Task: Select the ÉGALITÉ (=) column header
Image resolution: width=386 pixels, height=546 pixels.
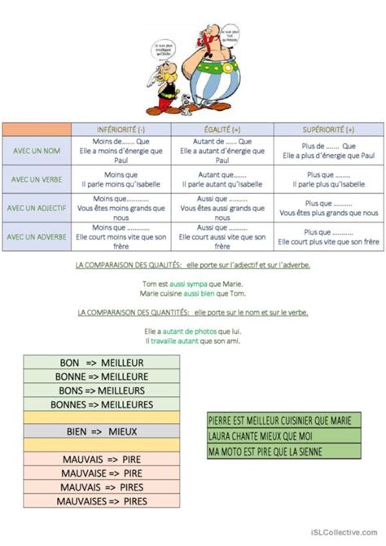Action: point(223,130)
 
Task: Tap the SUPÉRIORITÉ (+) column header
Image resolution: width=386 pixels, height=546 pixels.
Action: point(328,130)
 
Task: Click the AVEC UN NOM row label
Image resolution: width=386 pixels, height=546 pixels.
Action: point(36,152)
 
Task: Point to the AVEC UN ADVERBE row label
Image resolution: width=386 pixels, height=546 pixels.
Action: point(36,236)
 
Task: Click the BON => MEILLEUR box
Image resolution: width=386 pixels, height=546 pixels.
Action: point(102,362)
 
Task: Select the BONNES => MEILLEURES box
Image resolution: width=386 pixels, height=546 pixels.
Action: point(102,403)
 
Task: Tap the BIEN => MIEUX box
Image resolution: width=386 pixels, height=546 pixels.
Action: point(102,431)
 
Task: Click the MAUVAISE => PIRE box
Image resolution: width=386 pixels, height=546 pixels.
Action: point(102,472)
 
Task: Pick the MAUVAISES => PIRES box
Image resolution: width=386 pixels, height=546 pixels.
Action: point(102,500)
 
